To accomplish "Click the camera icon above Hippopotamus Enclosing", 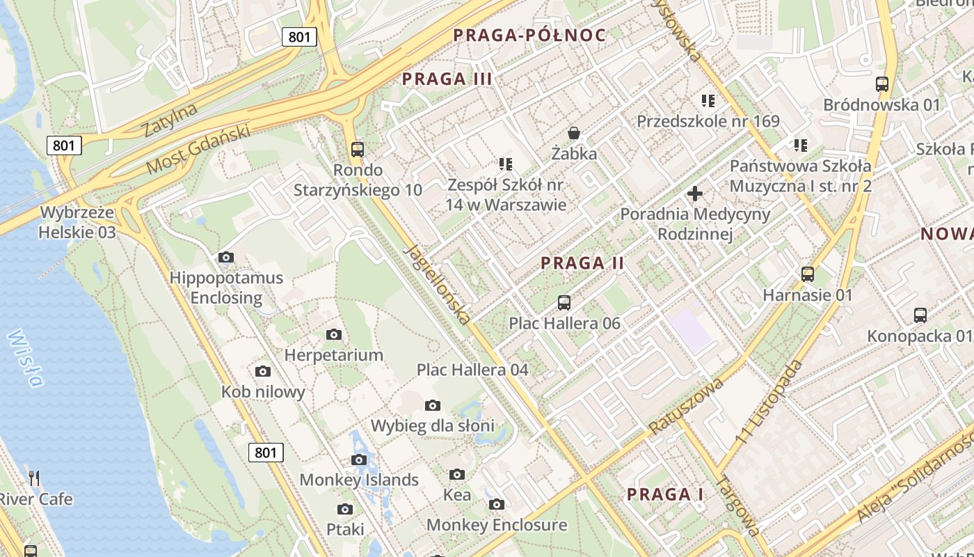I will [x=226, y=258].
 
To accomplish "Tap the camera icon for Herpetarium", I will [x=334, y=335].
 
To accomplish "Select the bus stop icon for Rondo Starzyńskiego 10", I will [x=358, y=149].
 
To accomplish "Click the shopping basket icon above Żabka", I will [x=574, y=132].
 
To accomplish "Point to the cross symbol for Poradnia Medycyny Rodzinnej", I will [x=695, y=194].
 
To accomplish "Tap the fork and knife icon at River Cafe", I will [x=34, y=478].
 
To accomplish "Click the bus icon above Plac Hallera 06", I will [x=564, y=303].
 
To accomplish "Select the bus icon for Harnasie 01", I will [x=808, y=274].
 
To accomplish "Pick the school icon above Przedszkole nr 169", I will [x=708, y=101].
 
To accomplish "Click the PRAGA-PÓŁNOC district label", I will [x=529, y=36].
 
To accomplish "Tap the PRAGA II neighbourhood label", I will [x=582, y=263].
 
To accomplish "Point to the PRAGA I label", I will [x=665, y=494].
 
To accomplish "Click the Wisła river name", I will [x=25, y=358].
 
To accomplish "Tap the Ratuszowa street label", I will [x=686, y=405].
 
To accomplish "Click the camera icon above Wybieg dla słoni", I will [x=433, y=405].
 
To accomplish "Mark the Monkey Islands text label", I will [x=359, y=480].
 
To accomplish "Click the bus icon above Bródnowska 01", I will [x=882, y=84].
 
